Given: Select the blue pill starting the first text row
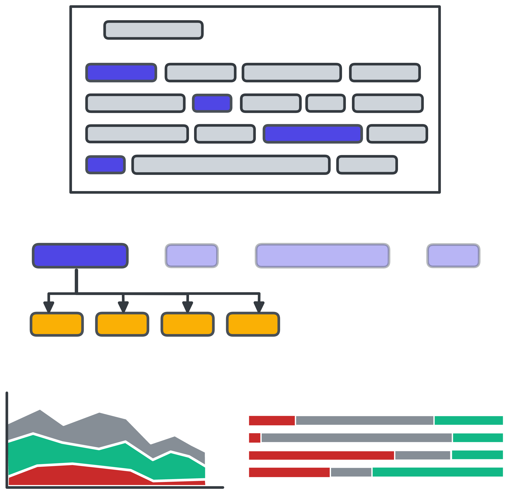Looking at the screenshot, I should point(121,73).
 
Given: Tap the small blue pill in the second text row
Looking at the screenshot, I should point(212,103).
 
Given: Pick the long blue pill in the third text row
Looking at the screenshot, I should point(313,134).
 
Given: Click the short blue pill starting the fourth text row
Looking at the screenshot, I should point(105,165).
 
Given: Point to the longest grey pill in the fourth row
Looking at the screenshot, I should point(231,165).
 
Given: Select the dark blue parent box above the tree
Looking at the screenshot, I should point(80,256).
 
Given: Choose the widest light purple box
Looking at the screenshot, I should point(322,256).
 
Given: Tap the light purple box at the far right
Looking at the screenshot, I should point(453,256).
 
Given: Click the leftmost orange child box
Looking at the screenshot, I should point(57,324).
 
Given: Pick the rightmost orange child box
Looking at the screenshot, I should point(253,324).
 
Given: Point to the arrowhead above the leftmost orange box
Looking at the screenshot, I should point(49,307).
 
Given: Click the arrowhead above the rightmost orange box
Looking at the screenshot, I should point(259,307).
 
